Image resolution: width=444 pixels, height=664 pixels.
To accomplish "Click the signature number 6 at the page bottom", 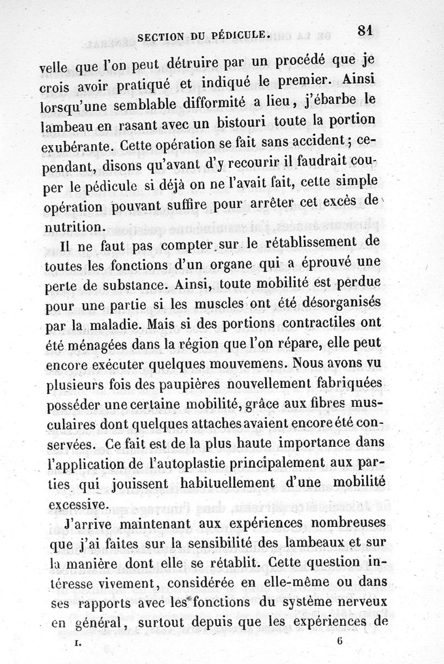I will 339,641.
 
